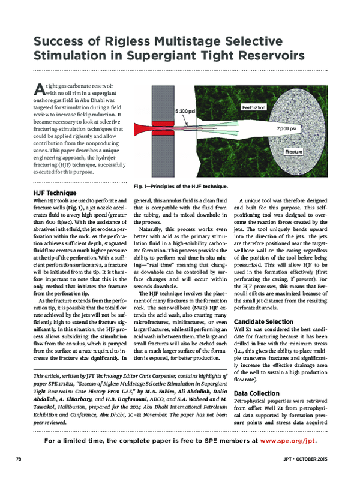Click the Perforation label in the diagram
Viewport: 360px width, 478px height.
[x=254, y=107]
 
